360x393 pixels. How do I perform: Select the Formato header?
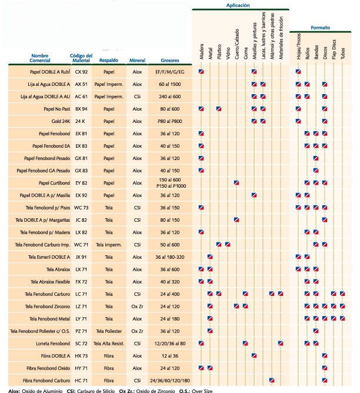coord(321,27)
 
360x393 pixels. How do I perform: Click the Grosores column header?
coord(162,60)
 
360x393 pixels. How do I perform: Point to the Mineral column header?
coord(137,60)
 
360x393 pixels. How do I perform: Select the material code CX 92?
coord(81,72)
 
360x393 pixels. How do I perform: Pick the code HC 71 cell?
coord(81,380)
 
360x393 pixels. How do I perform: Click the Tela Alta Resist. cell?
coord(109,343)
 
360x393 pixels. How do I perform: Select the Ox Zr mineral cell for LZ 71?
coord(138,306)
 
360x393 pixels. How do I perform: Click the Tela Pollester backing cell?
coord(109,331)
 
